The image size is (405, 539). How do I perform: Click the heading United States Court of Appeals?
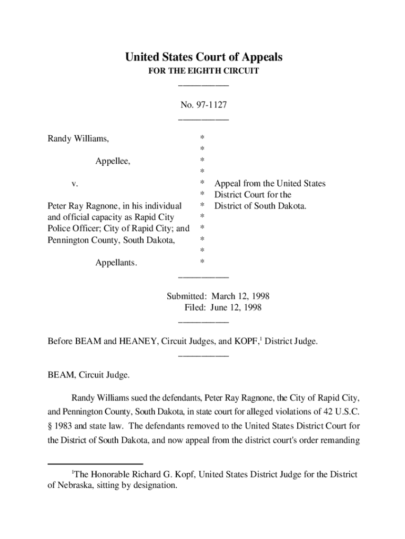pyautogui.click(x=204, y=57)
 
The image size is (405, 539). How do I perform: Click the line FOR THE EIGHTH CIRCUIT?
pyautogui.click(x=204, y=71)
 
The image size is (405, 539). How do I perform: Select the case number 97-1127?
pyautogui.click(x=211, y=105)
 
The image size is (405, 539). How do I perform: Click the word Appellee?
pyautogui.click(x=113, y=162)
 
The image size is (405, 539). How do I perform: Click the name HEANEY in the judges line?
pyautogui.click(x=137, y=342)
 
